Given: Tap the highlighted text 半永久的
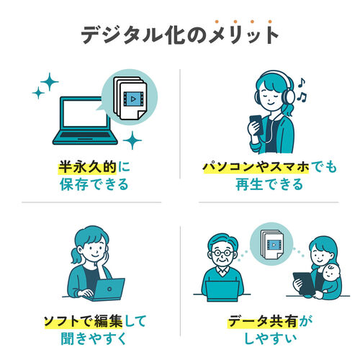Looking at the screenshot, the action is click(88, 167).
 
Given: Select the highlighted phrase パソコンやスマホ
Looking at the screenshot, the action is click(256, 167).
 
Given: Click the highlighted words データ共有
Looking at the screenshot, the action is click(263, 321).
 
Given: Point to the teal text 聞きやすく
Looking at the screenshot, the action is click(94, 338).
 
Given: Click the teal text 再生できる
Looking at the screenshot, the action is click(269, 184).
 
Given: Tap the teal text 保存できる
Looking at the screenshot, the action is click(94, 184).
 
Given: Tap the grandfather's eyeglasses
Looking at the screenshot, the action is click(222, 253).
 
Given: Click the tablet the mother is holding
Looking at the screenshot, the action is click(303, 284).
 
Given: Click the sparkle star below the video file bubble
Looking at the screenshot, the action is click(132, 140).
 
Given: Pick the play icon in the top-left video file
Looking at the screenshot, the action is click(133, 99).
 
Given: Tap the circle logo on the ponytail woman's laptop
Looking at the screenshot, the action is click(109, 289).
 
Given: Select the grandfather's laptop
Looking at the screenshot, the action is click(222, 291).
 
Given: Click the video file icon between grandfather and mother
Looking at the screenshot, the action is click(272, 244).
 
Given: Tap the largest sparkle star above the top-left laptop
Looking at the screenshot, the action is click(50, 81).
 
